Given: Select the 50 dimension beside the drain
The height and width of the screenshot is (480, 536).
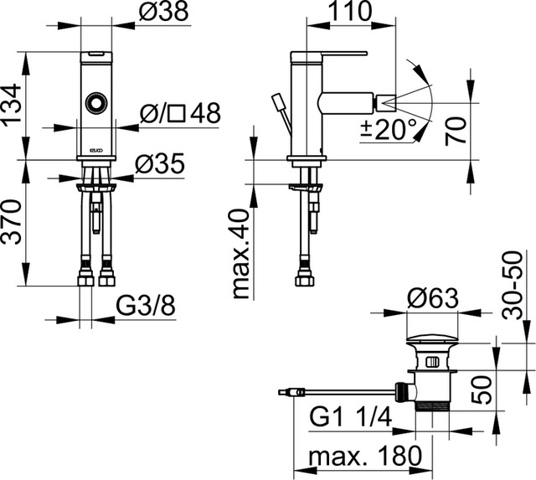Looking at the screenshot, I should (480, 390).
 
